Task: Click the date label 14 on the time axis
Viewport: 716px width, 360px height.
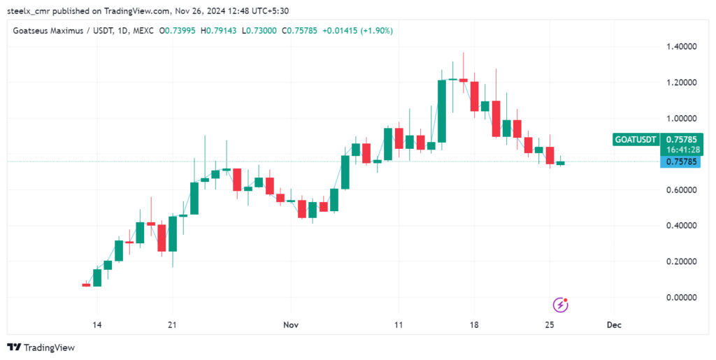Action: pos(96,325)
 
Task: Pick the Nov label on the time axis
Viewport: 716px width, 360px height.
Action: pos(291,325)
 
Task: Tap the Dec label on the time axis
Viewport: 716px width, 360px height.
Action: pos(614,325)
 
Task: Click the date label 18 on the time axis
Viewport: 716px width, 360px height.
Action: pos(474,325)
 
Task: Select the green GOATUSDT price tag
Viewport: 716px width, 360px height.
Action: pos(636,139)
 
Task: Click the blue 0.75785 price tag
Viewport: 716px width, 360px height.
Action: pos(680,162)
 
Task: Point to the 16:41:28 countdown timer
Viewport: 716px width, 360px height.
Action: pos(680,149)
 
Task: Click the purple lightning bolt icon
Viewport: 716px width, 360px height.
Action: pos(560,305)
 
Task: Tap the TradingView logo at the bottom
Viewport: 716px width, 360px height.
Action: pos(41,347)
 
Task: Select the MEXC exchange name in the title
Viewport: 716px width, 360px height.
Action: pos(143,31)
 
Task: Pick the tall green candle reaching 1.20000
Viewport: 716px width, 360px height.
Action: pos(442,111)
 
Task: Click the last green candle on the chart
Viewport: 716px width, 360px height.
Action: pos(561,163)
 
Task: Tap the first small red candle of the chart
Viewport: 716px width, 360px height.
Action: pos(86,285)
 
